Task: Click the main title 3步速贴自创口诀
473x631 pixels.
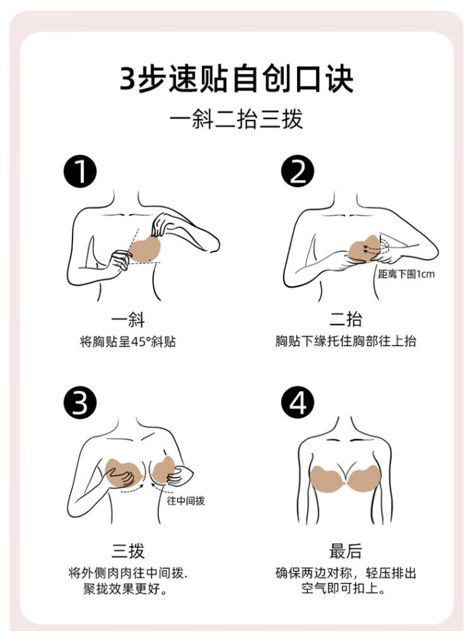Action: (237, 78)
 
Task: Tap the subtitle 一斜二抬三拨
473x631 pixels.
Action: (237, 119)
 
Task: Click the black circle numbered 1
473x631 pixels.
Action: (80, 172)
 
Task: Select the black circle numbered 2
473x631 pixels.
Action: (298, 172)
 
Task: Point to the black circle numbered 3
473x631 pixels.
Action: (80, 403)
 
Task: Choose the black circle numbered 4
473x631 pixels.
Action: (298, 403)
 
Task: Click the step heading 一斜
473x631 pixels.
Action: (128, 320)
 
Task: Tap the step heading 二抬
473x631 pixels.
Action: (346, 320)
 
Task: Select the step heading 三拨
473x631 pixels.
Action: (128, 551)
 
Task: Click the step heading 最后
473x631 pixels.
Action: (346, 551)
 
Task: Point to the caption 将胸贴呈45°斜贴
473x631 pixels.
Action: (128, 342)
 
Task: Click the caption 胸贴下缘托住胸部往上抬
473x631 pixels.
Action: (346, 341)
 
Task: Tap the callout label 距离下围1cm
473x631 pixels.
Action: (406, 274)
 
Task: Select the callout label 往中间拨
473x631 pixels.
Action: (185, 501)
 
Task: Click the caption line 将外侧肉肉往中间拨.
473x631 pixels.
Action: (128, 573)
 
